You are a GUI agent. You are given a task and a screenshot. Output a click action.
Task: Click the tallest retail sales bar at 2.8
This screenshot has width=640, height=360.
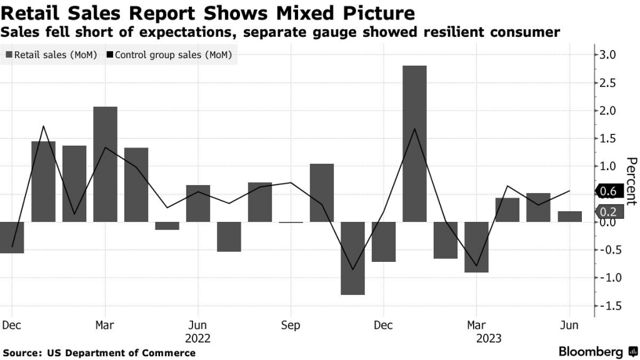[414, 143]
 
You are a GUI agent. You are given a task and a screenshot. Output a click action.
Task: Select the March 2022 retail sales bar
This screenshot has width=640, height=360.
[105, 164]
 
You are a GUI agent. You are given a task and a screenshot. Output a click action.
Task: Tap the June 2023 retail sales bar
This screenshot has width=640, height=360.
[569, 216]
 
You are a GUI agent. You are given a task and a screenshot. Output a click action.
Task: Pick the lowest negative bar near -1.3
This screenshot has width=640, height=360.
[352, 258]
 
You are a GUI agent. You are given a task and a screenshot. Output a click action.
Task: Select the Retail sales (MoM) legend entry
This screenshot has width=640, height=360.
[51, 55]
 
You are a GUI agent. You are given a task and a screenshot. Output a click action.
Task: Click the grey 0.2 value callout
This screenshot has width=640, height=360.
[608, 211]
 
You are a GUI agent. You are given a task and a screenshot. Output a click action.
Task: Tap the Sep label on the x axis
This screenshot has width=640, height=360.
[291, 325]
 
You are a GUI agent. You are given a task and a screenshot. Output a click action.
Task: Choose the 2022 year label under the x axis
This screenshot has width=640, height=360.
[198, 338]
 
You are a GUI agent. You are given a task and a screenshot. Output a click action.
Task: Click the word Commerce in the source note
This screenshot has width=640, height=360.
[170, 353]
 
